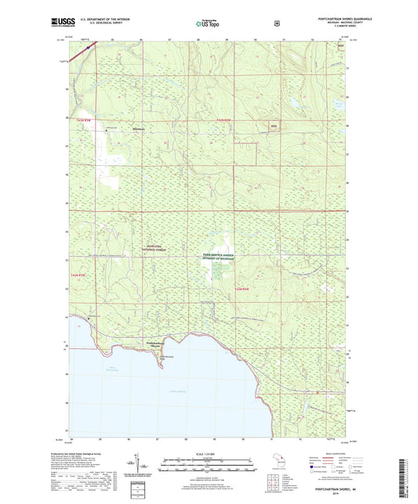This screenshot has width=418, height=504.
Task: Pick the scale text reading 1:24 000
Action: (x=208, y=455)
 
